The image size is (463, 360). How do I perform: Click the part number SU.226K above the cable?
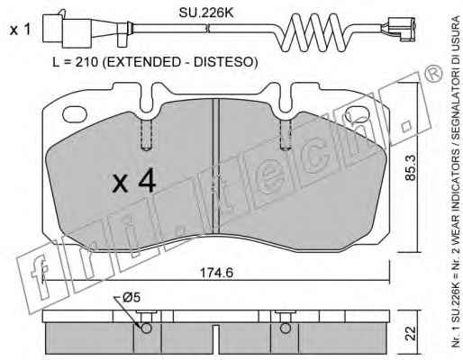tap(206, 13)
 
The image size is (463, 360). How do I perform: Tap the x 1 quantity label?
tap(20, 30)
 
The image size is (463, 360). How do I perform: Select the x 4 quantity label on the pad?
tap(134, 180)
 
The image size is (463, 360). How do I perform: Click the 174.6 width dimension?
tap(216, 273)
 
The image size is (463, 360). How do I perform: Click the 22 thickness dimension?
tap(412, 333)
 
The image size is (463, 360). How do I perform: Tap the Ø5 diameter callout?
tap(132, 298)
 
